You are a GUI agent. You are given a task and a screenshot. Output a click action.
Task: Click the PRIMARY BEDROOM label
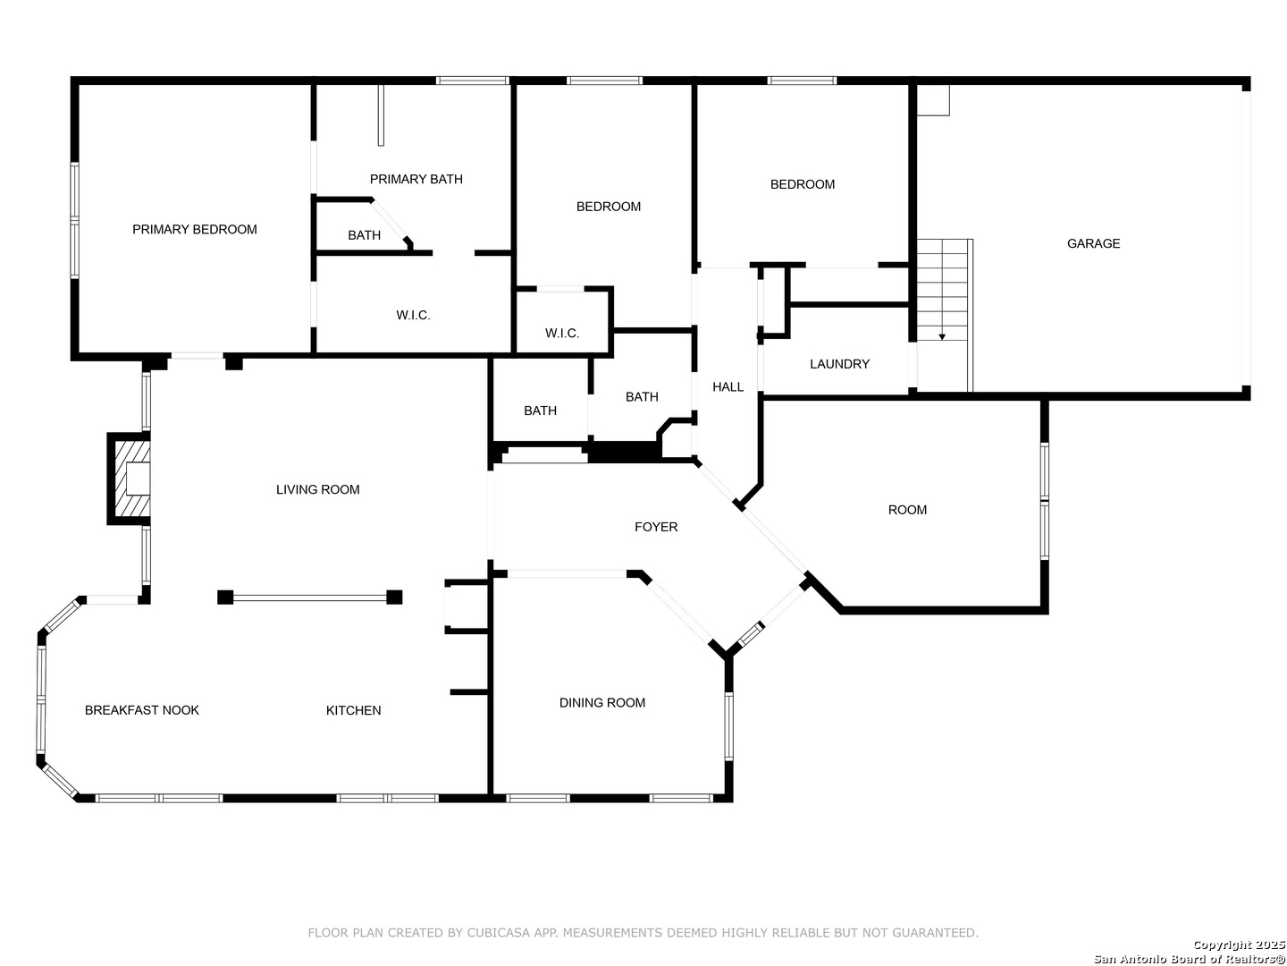pyautogui.click(x=194, y=229)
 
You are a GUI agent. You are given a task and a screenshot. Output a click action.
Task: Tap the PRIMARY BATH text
pyautogui.click(x=416, y=179)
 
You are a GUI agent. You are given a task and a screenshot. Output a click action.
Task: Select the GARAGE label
pyautogui.click(x=1093, y=243)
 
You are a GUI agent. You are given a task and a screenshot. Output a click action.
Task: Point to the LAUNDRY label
pyautogui.click(x=839, y=364)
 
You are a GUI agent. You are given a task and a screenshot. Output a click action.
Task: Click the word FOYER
pyautogui.click(x=655, y=528)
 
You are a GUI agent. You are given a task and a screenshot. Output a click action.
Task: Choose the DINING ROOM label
pyautogui.click(x=601, y=703)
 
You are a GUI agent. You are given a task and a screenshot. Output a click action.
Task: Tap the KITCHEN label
pyautogui.click(x=353, y=710)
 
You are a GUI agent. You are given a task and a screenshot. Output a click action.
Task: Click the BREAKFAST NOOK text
pyautogui.click(x=142, y=710)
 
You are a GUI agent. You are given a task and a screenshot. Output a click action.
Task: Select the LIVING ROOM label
pyautogui.click(x=318, y=490)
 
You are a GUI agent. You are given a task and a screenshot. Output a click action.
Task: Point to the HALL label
pyautogui.click(x=728, y=387)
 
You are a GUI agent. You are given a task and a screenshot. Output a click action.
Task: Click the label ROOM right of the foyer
pyautogui.click(x=907, y=510)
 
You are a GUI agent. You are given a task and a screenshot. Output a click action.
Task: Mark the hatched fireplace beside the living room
pyautogui.click(x=129, y=479)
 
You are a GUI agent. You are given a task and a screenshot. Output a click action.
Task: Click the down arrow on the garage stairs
pyautogui.click(x=942, y=337)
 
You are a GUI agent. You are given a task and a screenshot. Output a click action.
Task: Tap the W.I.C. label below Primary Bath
pyautogui.click(x=413, y=316)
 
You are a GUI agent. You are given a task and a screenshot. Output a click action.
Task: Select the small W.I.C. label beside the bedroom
pyautogui.click(x=561, y=334)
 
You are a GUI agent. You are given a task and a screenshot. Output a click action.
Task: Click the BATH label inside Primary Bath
pyautogui.click(x=364, y=235)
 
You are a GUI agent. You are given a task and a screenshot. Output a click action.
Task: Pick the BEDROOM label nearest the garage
pyautogui.click(x=802, y=184)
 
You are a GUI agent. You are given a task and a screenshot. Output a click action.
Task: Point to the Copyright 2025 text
pyautogui.click(x=1239, y=945)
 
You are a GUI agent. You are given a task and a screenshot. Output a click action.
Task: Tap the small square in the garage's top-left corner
pyautogui.click(x=933, y=100)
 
